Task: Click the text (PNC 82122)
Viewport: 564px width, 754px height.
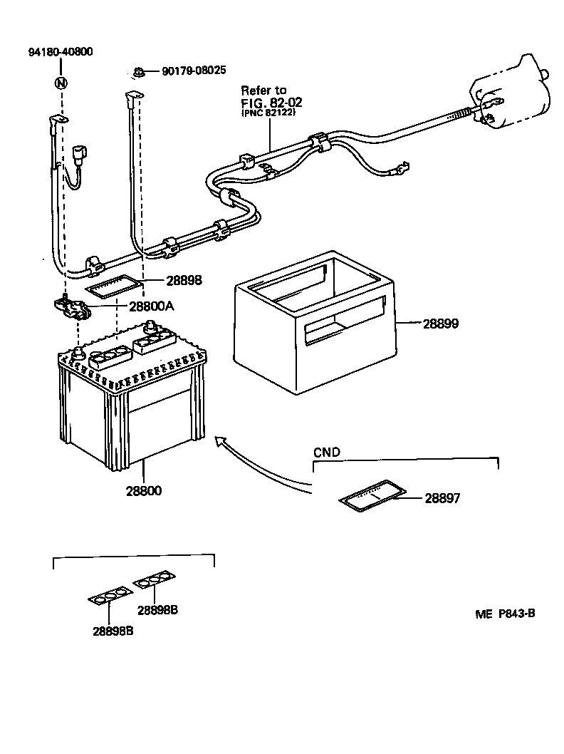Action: point(268,113)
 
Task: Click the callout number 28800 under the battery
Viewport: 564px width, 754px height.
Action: point(144,490)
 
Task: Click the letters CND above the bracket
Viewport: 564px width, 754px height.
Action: point(327,452)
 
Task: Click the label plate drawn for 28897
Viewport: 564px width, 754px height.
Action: point(370,496)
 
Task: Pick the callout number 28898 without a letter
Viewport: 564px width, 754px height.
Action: point(184,281)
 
